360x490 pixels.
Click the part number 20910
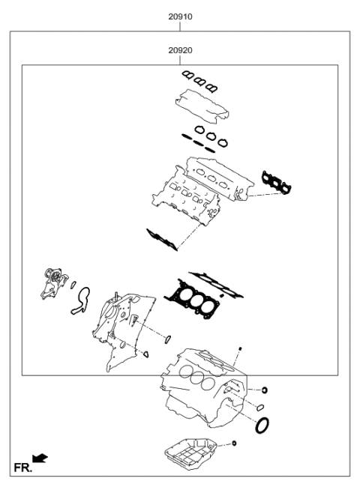tap(179, 14)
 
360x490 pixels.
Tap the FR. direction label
tap(22, 468)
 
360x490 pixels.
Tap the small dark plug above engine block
tap(239, 349)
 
